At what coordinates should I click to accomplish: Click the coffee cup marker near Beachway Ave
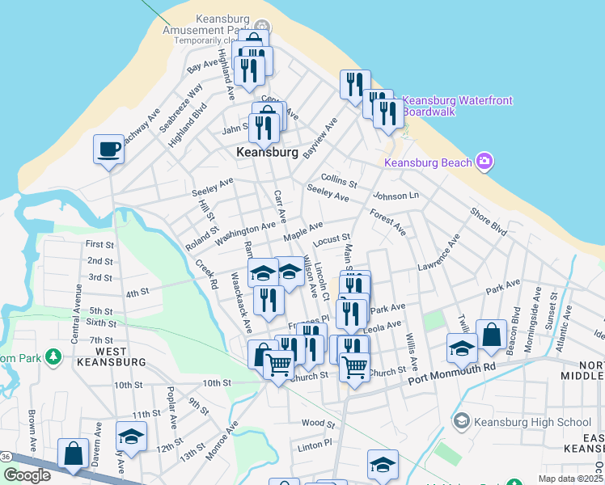coord(108,150)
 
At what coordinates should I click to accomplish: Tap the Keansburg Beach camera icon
coord(485,162)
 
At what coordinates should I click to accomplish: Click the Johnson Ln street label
coord(396,196)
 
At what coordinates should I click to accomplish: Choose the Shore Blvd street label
coord(489,221)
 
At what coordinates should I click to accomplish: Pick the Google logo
coord(27,475)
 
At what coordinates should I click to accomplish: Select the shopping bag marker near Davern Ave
coord(73,454)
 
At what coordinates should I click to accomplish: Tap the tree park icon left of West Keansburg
coord(53,356)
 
